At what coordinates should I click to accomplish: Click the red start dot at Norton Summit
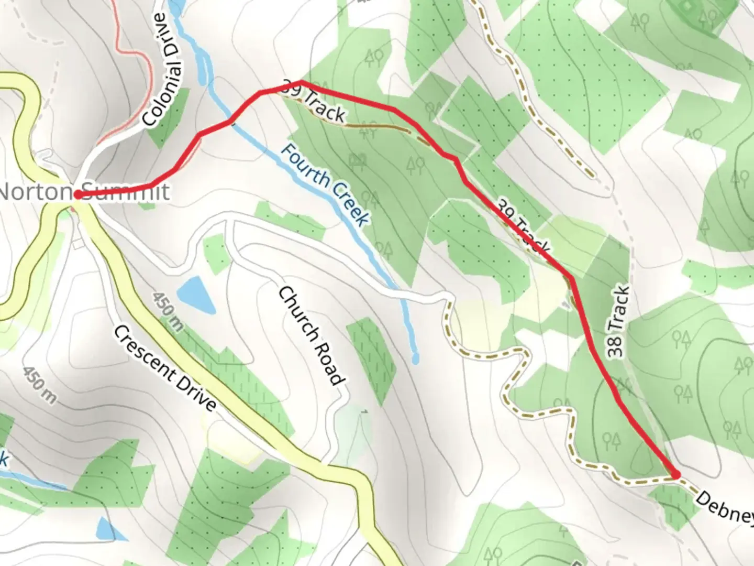pos(77,195)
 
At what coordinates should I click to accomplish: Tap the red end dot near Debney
pos(675,475)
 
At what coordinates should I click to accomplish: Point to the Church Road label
pos(312,335)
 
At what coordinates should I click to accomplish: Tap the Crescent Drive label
pos(164,368)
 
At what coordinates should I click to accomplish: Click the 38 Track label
pos(618,322)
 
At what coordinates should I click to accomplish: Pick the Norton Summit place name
pos(84,192)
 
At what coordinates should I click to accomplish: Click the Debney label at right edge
pos(725,507)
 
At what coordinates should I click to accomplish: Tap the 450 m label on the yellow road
pos(168,311)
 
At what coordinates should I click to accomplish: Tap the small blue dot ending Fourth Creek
pos(416,360)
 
